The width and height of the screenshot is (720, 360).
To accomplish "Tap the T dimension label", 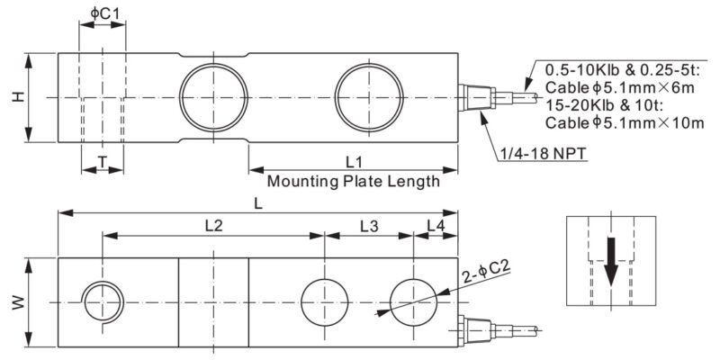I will (102, 161).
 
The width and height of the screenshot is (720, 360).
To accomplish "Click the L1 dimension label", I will (354, 161).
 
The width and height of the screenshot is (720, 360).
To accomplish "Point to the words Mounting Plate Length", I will (354, 181).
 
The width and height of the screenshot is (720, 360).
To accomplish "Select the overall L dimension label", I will (258, 204).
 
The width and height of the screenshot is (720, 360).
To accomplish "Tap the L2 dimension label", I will (213, 226).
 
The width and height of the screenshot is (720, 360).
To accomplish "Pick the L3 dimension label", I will (369, 226).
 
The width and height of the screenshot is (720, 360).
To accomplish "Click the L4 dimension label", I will (436, 226).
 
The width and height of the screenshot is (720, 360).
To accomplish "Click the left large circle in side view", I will (214, 94).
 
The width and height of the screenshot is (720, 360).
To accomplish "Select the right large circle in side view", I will (369, 94).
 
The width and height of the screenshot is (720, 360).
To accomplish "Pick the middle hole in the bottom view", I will (323, 302).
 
